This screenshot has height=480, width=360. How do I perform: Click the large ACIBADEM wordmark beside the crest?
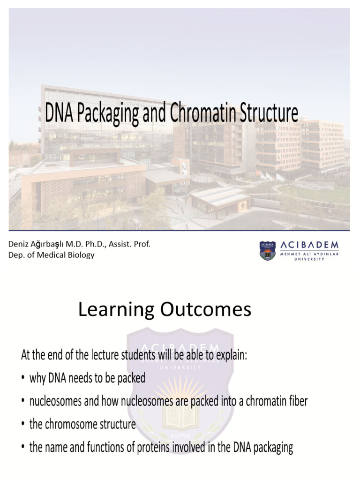point(307,245)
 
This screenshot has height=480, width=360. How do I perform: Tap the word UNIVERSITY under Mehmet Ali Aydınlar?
point(308,259)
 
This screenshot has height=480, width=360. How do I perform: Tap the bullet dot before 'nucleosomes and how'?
point(23,402)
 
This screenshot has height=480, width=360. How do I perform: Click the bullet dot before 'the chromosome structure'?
point(23,425)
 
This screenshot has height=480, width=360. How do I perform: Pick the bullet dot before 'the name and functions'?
point(23,448)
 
